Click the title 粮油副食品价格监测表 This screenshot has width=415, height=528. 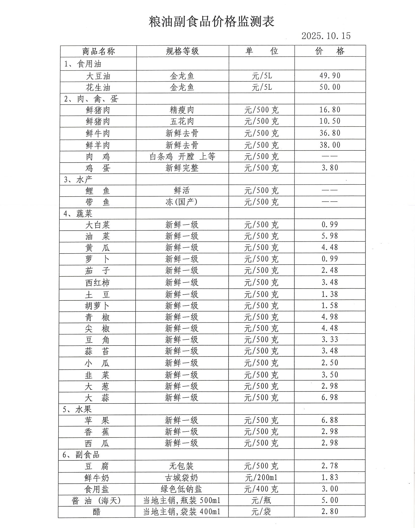[x=211, y=22]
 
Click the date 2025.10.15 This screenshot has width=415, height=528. [x=326, y=36]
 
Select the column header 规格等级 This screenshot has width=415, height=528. [x=182, y=51]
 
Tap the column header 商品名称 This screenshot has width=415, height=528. [x=98, y=51]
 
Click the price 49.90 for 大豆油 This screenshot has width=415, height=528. [x=330, y=76]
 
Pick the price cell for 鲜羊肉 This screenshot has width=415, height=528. [x=330, y=145]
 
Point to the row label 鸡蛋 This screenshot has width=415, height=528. [x=98, y=168]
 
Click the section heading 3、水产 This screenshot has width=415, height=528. [x=78, y=179]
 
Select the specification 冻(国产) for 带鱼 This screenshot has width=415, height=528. [x=182, y=202]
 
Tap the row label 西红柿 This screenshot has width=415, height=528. [x=98, y=283]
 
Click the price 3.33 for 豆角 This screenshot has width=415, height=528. [x=330, y=339]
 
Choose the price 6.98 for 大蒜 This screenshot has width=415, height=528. [x=330, y=397]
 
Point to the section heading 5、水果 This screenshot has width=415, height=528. [x=77, y=409]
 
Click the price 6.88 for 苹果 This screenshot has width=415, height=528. [x=330, y=420]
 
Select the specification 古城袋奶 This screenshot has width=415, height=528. [x=182, y=477]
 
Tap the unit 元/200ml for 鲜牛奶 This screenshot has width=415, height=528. [x=261, y=477]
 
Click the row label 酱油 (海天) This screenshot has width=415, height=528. [x=96, y=500]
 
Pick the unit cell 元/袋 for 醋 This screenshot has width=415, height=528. [x=261, y=512]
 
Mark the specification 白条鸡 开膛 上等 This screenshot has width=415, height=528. [x=182, y=157]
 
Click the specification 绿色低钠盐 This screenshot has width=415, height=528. [x=182, y=489]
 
